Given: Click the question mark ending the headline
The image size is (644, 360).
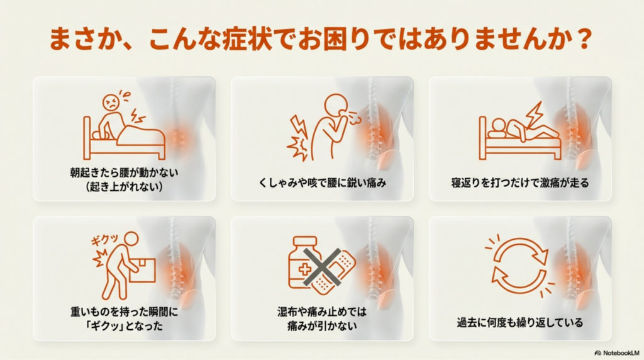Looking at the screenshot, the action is pyautogui.click(x=584, y=39).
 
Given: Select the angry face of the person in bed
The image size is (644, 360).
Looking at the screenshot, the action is pyautogui.click(x=111, y=102).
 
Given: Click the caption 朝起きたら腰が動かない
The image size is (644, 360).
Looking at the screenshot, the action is pyautogui.click(x=124, y=172).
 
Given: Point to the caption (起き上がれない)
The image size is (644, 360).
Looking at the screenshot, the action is pyautogui.click(x=125, y=186).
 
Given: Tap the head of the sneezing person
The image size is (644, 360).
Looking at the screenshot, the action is pyautogui.click(x=336, y=105).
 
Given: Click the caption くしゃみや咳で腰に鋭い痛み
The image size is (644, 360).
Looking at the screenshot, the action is pyautogui.click(x=323, y=183).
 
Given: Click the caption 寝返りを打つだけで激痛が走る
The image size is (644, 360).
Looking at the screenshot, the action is pyautogui.click(x=520, y=183).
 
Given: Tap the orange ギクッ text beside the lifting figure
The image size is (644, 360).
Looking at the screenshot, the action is pyautogui.click(x=105, y=239).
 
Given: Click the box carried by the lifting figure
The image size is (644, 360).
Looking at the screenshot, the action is pyautogui.click(x=143, y=271).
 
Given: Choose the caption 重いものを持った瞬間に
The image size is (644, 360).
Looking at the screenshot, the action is pyautogui.click(x=124, y=312).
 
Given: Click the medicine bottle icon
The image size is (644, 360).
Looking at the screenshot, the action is pyautogui.click(x=304, y=262).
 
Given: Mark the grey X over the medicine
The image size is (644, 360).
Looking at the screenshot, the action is pyautogui.click(x=323, y=267).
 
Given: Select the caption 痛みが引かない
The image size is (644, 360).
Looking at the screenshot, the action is pyautogui.click(x=323, y=326).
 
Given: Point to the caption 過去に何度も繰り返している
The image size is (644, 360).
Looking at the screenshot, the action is pyautogui.click(x=520, y=323).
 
